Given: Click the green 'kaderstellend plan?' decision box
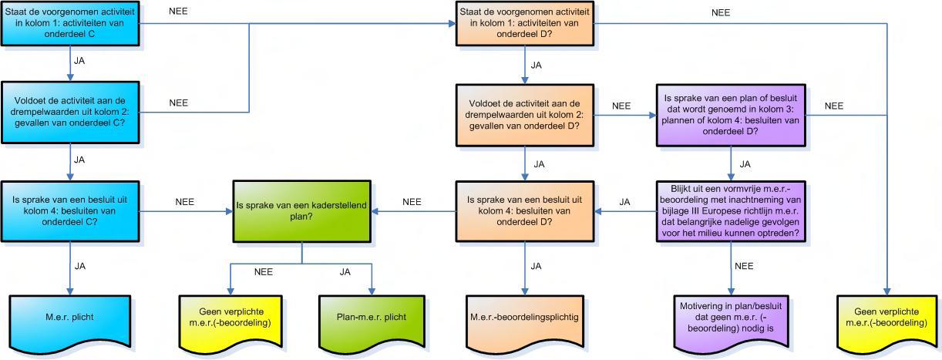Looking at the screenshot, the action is point(302,211).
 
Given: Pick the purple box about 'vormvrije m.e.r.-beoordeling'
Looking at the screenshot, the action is point(731,211).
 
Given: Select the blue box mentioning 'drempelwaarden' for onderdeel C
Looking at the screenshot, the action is point(70,113).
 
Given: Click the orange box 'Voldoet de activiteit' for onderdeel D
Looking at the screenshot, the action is point(525,115).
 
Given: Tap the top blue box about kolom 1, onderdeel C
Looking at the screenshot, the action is point(70,23).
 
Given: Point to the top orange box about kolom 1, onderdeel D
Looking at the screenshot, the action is point(525,23).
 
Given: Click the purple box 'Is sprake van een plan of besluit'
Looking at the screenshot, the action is point(731,115).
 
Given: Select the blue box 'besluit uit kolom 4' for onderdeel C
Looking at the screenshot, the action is point(70,211).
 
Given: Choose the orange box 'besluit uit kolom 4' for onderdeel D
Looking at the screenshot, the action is point(525,211).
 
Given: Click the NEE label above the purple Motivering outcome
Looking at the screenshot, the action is point(744,266).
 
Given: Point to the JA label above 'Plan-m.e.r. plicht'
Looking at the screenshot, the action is point(345,272).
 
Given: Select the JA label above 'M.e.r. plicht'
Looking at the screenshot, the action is point(80,266).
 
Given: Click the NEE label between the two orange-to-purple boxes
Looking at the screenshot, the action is point(621,106).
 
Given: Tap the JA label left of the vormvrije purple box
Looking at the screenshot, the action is point(624,202).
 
